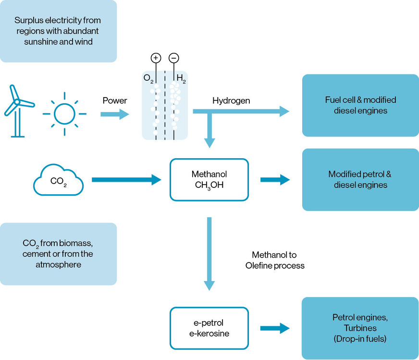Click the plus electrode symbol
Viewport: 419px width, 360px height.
155,58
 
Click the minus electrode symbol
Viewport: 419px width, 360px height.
174,58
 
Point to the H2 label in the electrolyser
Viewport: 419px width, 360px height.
181,78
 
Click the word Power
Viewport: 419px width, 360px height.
114,101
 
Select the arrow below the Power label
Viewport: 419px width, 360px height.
114,114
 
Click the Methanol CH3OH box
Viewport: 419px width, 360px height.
209,179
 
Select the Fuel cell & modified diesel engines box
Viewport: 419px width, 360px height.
360,105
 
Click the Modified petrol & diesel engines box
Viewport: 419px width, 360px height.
360,179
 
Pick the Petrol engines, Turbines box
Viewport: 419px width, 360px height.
360,328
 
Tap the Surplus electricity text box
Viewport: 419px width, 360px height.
58,31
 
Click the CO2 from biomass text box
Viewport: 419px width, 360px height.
58,254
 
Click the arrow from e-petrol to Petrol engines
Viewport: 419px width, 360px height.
275,328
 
